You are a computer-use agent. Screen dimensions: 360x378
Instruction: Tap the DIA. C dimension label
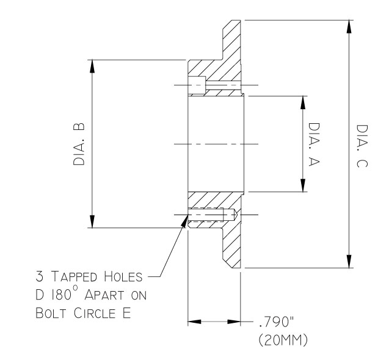pos(362,145)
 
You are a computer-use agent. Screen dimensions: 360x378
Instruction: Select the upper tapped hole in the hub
pos(197,86)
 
